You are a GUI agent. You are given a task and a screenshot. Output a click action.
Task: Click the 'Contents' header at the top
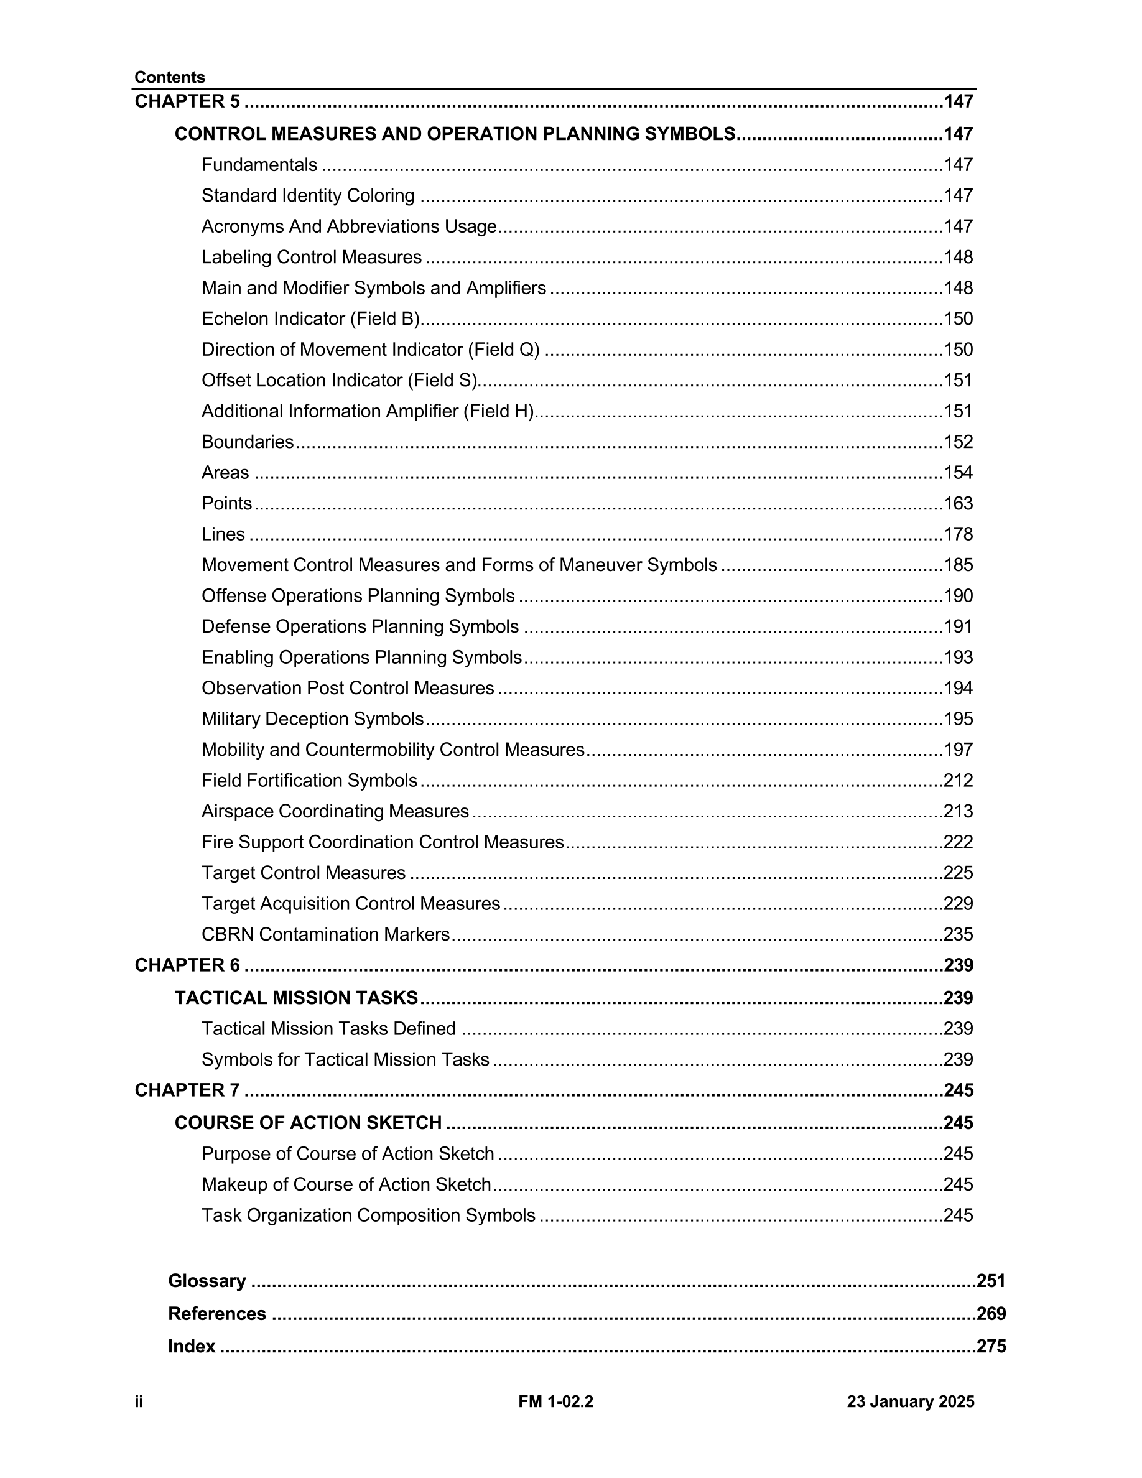[169, 77]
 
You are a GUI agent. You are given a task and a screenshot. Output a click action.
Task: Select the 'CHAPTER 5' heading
[187, 101]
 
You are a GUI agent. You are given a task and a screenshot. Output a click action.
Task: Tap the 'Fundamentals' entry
[259, 165]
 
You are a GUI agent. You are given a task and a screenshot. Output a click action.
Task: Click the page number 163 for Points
[958, 503]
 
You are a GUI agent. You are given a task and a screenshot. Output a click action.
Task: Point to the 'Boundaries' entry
[248, 442]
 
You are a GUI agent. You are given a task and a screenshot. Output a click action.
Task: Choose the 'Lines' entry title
[223, 534]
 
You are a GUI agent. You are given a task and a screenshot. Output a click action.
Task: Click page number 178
[958, 534]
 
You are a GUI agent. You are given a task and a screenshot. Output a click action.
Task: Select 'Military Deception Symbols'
[313, 718]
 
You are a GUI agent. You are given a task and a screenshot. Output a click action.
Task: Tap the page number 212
[958, 780]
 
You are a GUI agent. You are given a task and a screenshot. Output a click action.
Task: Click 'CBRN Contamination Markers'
[325, 934]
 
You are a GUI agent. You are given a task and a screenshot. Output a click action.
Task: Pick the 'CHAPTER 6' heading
[187, 965]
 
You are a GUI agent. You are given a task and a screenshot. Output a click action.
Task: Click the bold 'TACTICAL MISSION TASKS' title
[296, 998]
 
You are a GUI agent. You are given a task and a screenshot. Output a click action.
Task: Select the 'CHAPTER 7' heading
[187, 1090]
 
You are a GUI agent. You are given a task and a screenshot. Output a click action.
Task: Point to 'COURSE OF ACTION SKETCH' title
[308, 1123]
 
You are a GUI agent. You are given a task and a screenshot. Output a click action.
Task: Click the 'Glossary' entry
[207, 1281]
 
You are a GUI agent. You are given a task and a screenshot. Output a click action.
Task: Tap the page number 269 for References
[991, 1314]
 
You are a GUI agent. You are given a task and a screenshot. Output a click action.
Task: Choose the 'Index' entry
[192, 1346]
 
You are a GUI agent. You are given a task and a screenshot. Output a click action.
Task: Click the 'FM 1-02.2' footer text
[555, 1401]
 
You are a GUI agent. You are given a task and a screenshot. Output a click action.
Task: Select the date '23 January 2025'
[910, 1401]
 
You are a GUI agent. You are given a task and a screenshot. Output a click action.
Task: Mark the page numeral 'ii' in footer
[139, 1401]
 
